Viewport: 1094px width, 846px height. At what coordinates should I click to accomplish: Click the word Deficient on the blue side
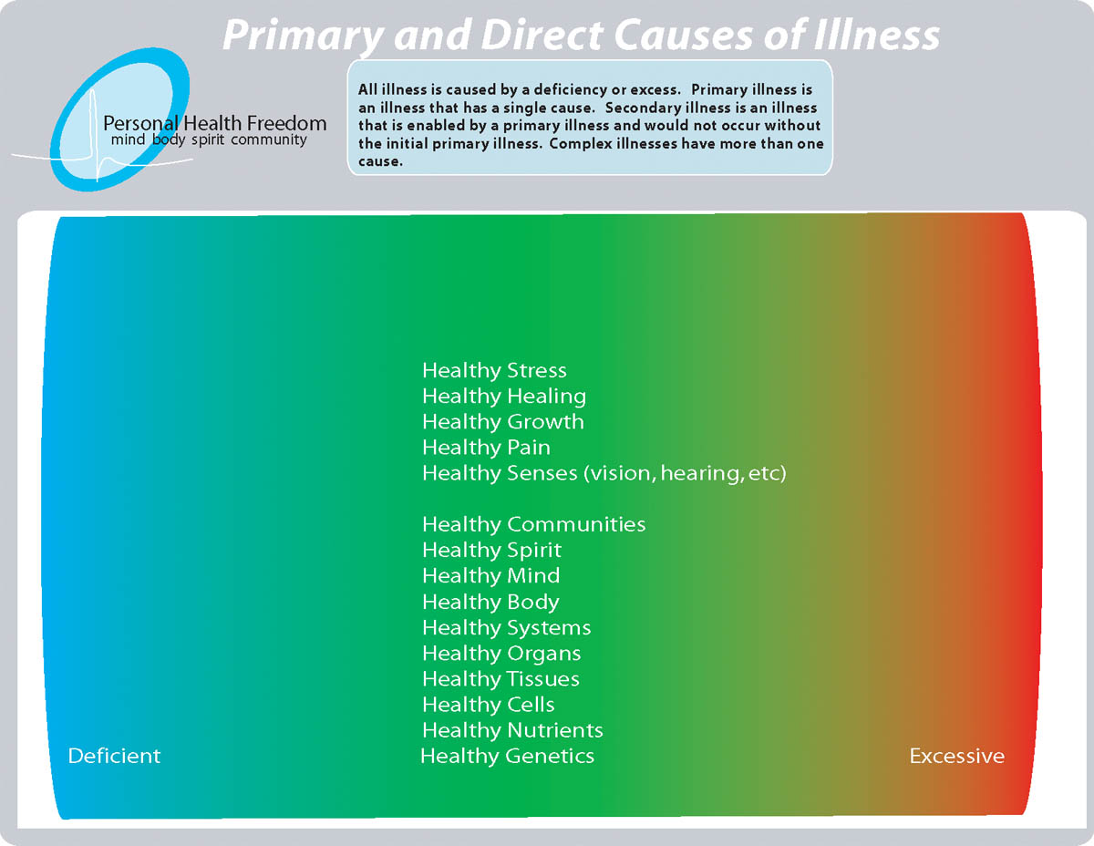114,756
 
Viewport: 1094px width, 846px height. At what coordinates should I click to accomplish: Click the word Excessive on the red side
956,756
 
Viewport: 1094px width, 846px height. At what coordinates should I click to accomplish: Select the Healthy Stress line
494,370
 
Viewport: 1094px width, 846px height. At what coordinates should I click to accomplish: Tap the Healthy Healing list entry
504,396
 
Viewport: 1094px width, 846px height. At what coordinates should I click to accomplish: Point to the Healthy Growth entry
503,422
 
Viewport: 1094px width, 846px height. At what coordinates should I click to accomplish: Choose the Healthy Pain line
486,448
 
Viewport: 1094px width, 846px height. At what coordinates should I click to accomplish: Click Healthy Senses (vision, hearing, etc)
604,473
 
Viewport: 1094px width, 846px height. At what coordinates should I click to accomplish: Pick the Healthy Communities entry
533,524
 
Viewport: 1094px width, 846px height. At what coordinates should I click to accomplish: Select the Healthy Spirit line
492,550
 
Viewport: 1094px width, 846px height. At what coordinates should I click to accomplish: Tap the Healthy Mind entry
490,576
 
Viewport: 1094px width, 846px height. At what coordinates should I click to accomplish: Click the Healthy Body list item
490,602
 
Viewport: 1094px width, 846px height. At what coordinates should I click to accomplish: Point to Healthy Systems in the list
507,627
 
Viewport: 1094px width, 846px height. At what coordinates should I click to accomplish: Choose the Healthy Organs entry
501,654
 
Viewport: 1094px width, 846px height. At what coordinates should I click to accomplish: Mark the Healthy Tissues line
501,679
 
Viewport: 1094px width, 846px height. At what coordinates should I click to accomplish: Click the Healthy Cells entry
489,705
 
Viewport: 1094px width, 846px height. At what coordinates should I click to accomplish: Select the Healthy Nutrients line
512,730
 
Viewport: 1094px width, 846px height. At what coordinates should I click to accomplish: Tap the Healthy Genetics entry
507,756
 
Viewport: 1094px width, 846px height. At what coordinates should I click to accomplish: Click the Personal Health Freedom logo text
215,123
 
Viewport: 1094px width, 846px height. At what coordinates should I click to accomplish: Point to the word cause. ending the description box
380,161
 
